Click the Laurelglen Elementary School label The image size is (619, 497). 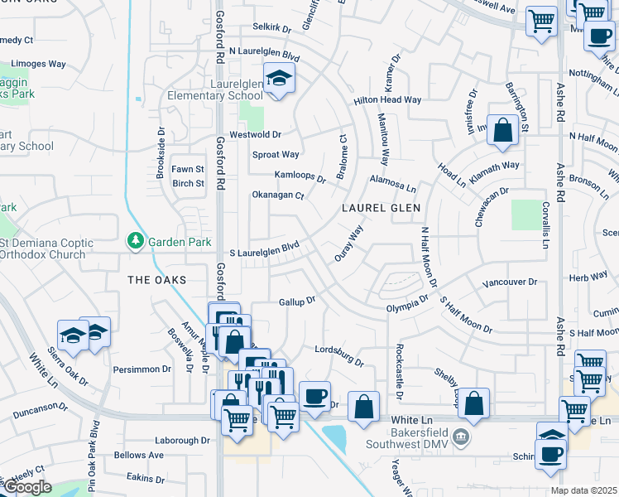click(x=214, y=89)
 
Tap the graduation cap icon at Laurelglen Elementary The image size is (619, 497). click(x=279, y=80)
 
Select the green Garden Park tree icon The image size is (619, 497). click(x=135, y=242)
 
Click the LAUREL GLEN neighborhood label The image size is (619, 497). click(x=381, y=209)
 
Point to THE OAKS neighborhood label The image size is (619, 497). click(x=156, y=280)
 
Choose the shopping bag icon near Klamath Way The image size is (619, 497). click(x=502, y=130)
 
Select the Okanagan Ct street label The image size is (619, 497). click(x=278, y=196)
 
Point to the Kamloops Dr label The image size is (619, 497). click(x=300, y=176)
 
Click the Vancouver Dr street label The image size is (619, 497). click(x=509, y=282)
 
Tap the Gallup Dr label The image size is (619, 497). click(x=298, y=302)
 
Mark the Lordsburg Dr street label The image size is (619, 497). click(x=339, y=356)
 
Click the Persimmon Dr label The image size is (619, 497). click(x=142, y=369)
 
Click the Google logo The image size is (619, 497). click(x=26, y=488)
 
